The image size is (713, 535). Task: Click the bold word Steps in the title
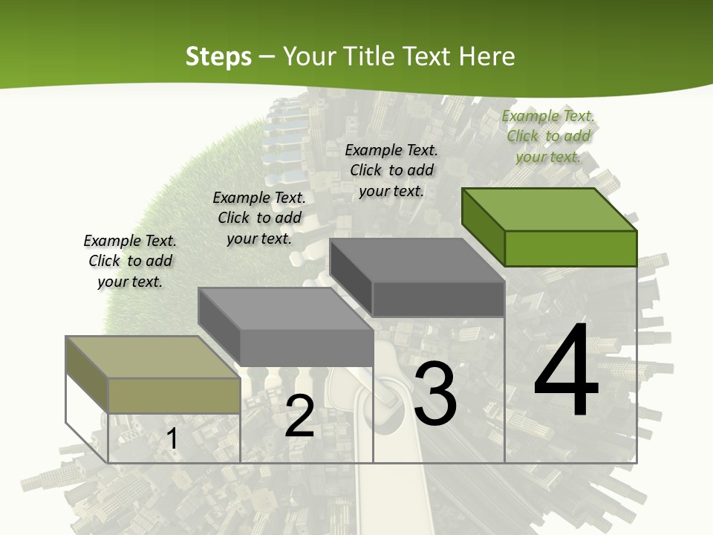click(218, 56)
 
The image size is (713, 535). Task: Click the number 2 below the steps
click(299, 416)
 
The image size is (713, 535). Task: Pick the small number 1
click(172, 438)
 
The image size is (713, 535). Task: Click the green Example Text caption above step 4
click(548, 136)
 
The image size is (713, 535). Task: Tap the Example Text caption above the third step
click(391, 170)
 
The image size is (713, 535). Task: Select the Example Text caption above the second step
click(259, 218)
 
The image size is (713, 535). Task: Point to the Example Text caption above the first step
click(130, 261)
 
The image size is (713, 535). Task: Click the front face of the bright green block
click(570, 248)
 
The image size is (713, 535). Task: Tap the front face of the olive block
click(174, 395)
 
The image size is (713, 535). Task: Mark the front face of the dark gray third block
click(438, 299)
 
